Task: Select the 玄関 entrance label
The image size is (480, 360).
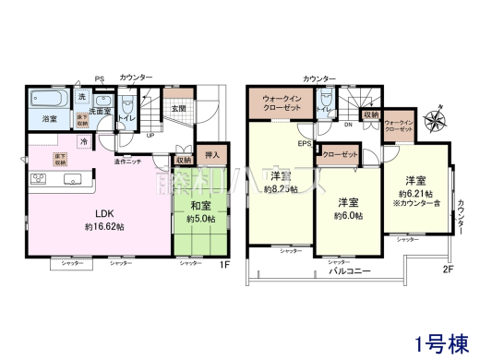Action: [178, 108]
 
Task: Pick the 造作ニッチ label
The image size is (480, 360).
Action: [128, 162]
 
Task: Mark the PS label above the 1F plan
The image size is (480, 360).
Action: [99, 78]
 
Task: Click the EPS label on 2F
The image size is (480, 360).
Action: [305, 143]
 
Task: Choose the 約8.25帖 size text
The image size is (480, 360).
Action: [280, 189]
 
